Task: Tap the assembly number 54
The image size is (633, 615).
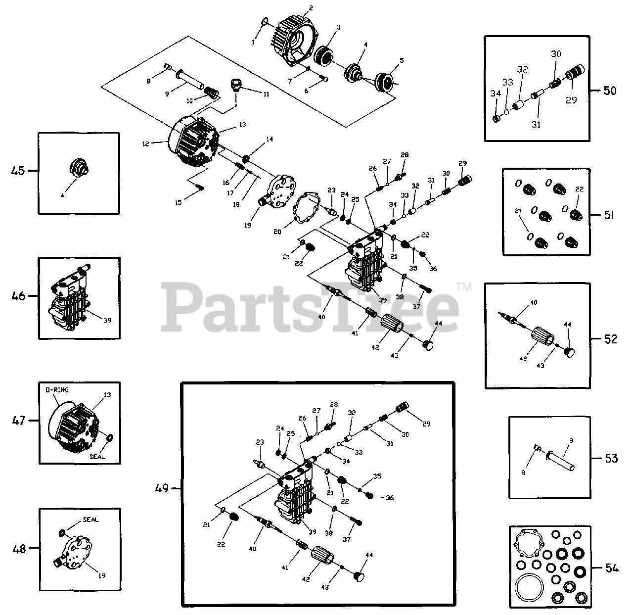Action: (611, 568)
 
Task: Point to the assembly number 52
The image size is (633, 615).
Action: (611, 339)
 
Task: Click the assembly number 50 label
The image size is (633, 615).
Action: (610, 91)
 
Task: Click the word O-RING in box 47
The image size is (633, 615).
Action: (57, 390)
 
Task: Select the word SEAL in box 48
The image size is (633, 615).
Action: (90, 520)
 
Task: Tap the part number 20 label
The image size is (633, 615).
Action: (277, 232)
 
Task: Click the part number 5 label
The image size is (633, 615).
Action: (401, 60)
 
